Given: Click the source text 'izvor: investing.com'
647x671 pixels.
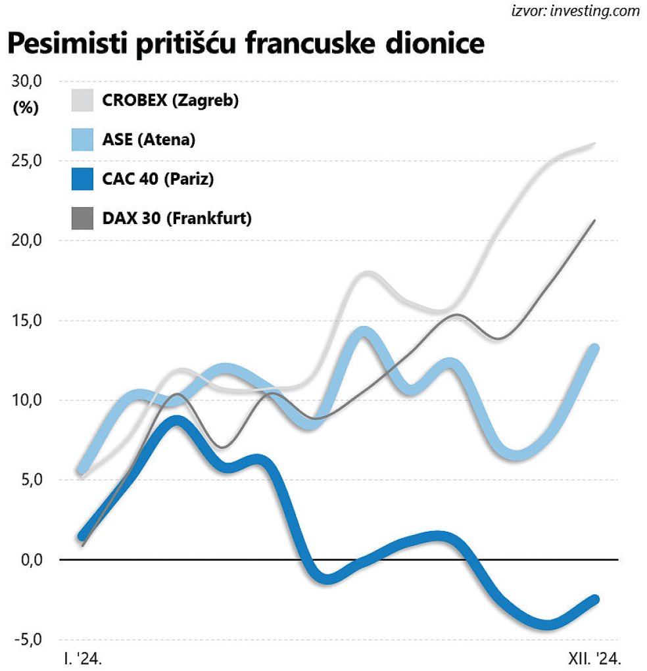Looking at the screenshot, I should point(575,11).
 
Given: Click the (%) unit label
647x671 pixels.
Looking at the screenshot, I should point(26,108).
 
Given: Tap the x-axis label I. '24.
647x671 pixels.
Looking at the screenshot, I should point(82,658).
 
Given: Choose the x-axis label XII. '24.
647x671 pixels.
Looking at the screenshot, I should point(594,658).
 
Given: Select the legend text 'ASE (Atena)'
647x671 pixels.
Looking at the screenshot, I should point(149,139).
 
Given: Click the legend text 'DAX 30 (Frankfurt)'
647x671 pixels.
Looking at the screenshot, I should point(177,218).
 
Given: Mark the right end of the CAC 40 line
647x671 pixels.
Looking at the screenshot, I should point(596,599).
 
